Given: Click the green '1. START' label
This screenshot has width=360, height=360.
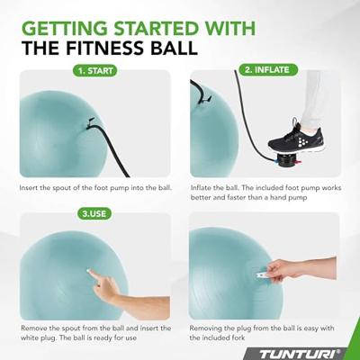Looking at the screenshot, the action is point(94,71).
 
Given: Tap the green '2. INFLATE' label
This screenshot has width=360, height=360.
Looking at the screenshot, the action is point(268,70).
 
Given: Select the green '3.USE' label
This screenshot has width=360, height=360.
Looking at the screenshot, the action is point(94,213).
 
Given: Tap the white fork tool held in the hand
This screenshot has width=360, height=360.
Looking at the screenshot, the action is point(264,274).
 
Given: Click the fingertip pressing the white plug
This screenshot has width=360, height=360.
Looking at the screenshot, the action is point(89,271).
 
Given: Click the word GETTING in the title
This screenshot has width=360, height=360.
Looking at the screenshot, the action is point(65,28).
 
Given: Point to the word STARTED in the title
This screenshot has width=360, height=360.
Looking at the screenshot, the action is point(157,28).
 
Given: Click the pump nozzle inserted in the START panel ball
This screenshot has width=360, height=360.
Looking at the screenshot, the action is point(90,123).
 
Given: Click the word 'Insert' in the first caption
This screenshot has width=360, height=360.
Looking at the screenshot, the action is point(29,188).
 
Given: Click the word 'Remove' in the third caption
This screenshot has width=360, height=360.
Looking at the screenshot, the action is point(33,328).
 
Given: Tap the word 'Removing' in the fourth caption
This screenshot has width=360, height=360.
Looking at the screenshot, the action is point(204,328).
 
